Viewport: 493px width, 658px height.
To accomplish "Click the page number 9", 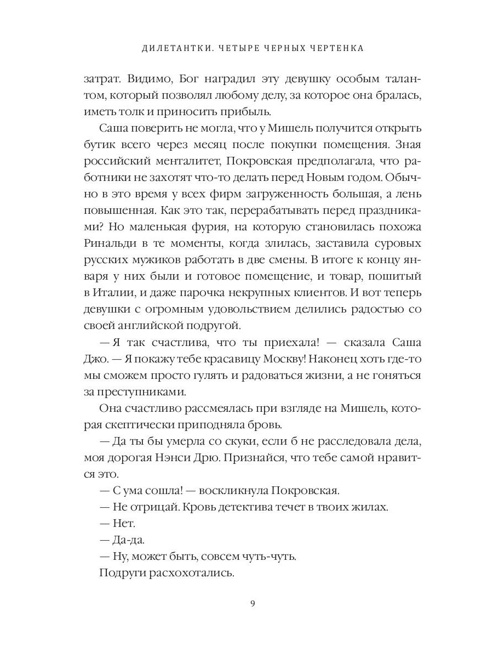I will coord(252,604).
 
